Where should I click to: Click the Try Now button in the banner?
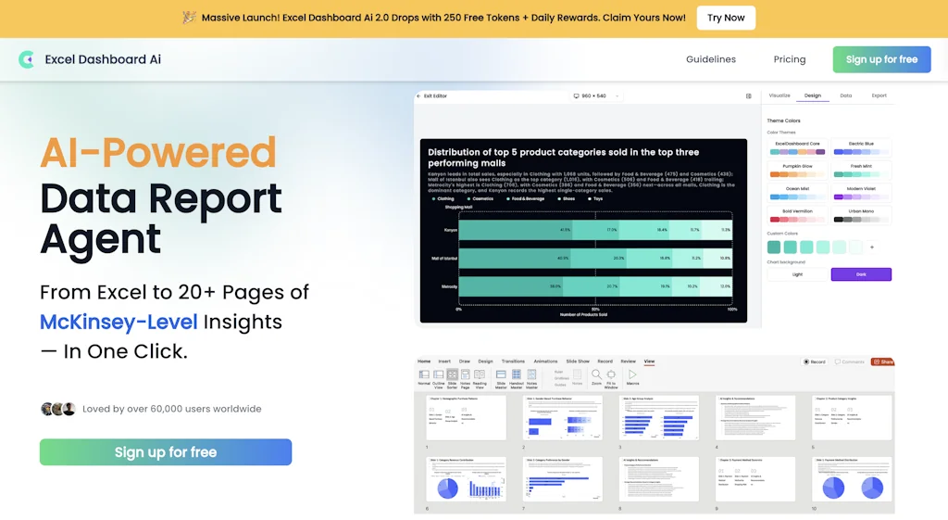coord(726,18)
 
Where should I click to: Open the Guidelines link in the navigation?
coord(710,59)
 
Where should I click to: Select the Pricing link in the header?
coord(789,59)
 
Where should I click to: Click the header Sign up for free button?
coord(881,59)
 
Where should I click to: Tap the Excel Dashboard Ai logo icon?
coord(26,59)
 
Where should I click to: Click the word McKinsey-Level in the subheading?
coord(118,322)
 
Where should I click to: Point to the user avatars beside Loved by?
coord(57,409)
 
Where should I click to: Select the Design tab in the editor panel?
coord(812,95)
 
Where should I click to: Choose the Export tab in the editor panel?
coord(879,95)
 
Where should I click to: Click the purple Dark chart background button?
coord(861,274)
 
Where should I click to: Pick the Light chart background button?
coord(797,274)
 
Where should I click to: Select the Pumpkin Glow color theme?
coord(796,171)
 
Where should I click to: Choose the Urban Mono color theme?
coord(861,216)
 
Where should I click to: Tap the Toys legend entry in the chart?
coord(599,198)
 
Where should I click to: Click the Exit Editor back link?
coord(432,95)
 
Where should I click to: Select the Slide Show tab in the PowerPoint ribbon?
coord(577,361)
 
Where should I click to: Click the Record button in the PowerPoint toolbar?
coord(815,361)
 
